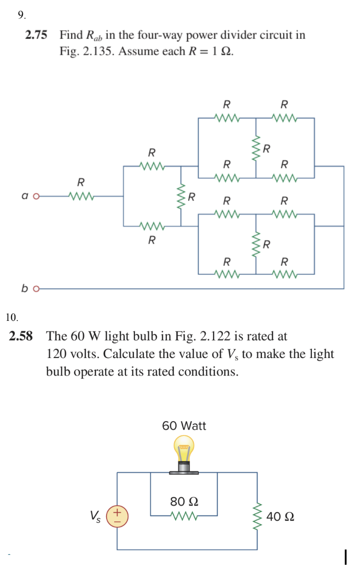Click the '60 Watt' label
pyautogui.click(x=184, y=426)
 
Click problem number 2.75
pyautogui.click(x=36, y=35)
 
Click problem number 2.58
pyautogui.click(x=21, y=336)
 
